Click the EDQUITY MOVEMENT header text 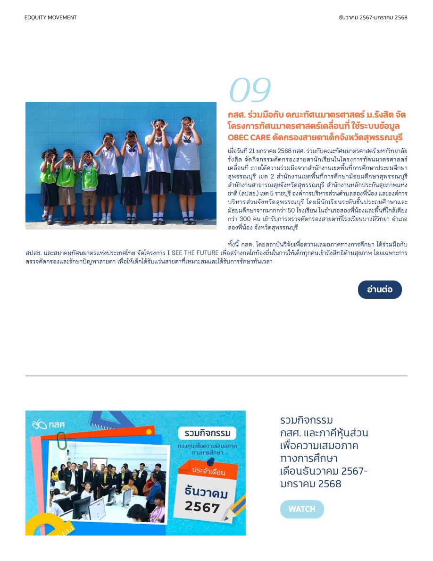pos(50,17)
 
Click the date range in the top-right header pos(373,17)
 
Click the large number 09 pos(250,90)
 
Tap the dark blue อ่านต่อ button pos(380,289)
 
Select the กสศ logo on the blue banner pos(48,425)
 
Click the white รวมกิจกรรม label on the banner pos(207,433)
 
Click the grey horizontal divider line pos(216,376)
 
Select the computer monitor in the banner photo pos(82,507)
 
